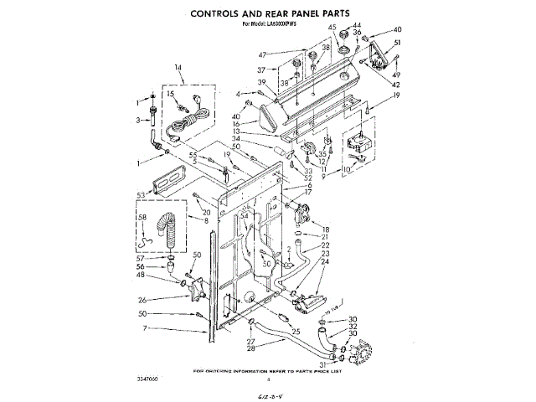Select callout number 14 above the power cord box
178,67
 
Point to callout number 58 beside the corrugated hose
142,219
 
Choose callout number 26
142,298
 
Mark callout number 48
142,275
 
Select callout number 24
326,262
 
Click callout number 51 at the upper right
397,43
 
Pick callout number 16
237,123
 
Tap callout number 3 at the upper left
139,120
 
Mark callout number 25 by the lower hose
295,332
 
